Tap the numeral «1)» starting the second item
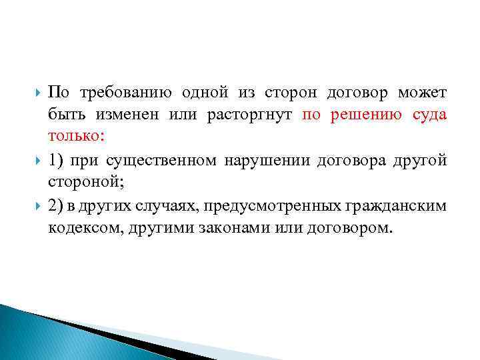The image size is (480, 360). [57, 161]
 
